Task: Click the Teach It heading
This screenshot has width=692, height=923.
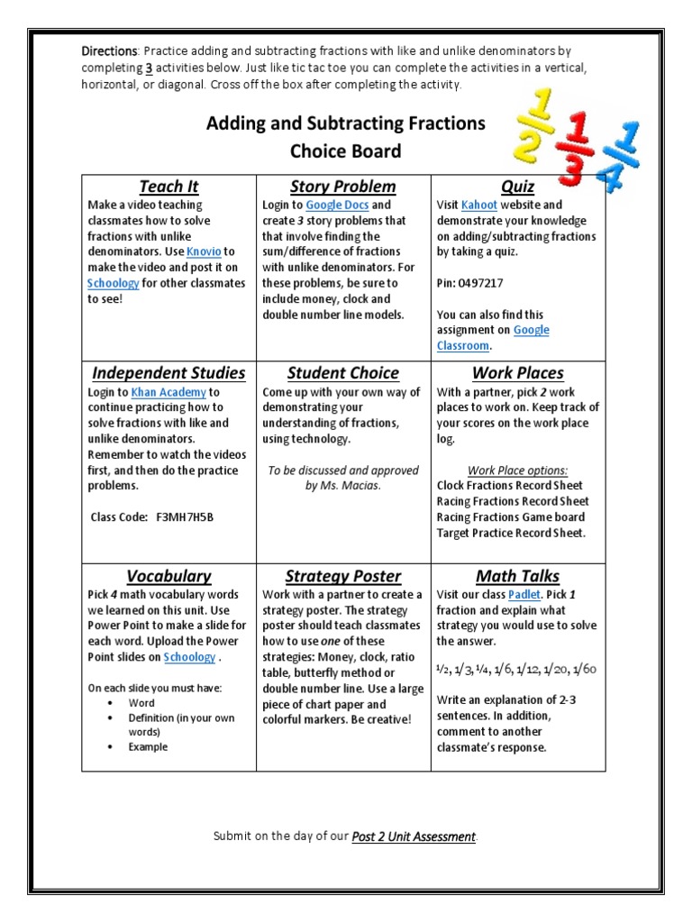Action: [x=168, y=187]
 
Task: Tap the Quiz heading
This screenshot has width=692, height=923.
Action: [x=517, y=187]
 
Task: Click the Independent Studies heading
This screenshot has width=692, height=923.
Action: [x=168, y=372]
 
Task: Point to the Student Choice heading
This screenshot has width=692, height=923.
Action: [x=342, y=372]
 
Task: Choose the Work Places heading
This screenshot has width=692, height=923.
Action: [x=517, y=372]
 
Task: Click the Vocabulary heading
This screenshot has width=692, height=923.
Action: [x=168, y=575]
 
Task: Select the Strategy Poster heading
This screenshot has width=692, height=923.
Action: [x=342, y=575]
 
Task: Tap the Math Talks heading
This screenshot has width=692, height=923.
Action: [x=517, y=575]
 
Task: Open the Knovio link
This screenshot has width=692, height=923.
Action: [x=204, y=251]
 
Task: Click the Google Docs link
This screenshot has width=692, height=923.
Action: [x=336, y=205]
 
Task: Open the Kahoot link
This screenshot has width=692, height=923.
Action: [x=478, y=205]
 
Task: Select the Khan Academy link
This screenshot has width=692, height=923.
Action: [x=168, y=392]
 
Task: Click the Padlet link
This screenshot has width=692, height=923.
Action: [x=524, y=595]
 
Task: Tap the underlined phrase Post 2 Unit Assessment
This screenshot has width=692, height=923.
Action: [x=414, y=836]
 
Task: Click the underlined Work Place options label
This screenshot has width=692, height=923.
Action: [x=517, y=471]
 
